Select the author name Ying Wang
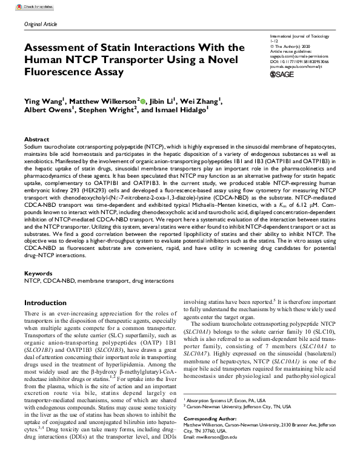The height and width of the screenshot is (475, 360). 44,101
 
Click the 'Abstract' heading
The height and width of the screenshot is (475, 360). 36,139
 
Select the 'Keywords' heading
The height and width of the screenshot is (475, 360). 38,274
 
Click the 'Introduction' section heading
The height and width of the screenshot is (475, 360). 49,302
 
